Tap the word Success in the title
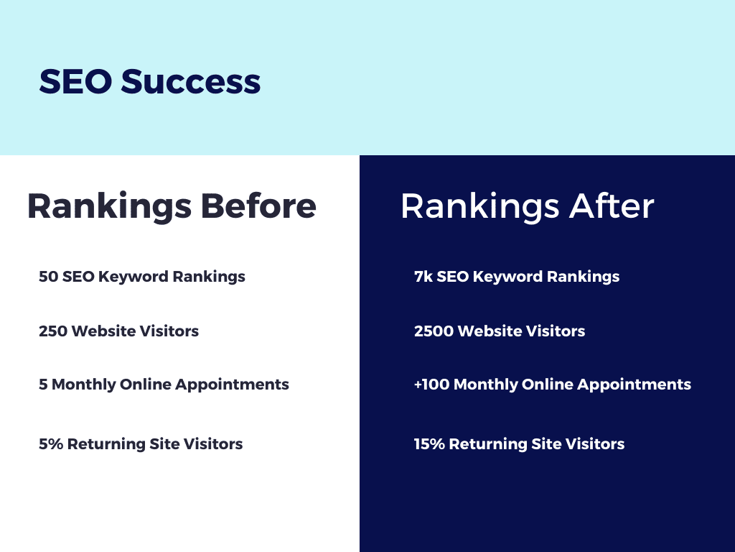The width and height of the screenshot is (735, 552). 191,81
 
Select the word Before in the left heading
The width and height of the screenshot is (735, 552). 258,206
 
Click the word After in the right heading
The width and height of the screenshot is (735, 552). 612,206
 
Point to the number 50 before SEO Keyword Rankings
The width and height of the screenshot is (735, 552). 48,277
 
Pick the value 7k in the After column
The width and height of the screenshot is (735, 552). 423,277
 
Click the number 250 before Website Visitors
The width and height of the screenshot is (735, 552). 53,331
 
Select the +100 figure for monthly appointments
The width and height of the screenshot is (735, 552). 431,385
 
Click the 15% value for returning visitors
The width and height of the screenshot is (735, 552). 429,444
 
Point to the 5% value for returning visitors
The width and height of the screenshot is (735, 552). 51,444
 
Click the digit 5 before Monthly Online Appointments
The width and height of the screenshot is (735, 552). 43,385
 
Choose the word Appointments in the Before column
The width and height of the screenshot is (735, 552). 232,385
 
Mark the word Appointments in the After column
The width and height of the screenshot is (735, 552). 635,385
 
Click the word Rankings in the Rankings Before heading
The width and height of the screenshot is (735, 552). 110,207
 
